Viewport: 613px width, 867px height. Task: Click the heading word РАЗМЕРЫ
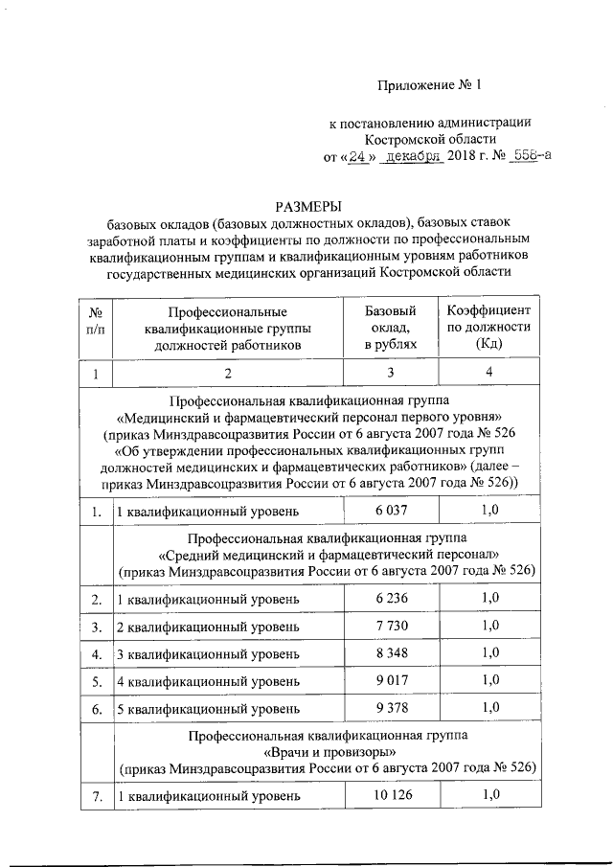click(307, 206)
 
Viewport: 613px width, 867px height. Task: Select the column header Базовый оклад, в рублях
click(391, 328)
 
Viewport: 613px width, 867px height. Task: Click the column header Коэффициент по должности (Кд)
click(488, 328)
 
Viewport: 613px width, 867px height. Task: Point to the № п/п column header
click(96, 328)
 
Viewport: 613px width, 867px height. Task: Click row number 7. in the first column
click(97, 795)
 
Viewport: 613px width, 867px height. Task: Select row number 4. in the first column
click(97, 654)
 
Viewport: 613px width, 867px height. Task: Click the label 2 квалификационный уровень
click(208, 627)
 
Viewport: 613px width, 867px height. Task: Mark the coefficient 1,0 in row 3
click(489, 627)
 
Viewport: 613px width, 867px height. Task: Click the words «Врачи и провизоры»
click(328, 752)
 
